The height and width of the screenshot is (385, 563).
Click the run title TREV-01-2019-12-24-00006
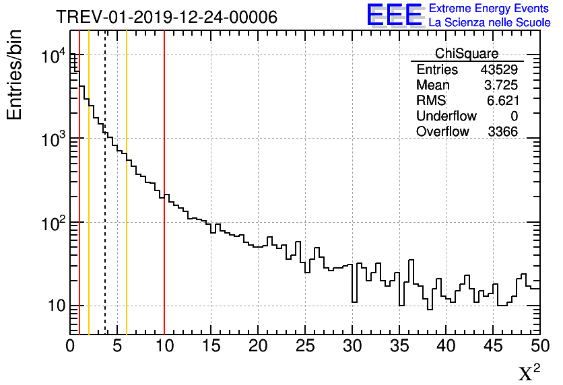pos(166,17)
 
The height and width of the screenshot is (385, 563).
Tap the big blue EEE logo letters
pos(395,15)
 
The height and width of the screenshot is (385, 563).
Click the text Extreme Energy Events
pos(489,9)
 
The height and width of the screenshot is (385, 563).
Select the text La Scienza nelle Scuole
pos(489,22)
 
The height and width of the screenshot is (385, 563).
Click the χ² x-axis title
pos(529,373)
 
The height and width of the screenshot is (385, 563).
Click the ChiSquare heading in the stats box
pos(467,54)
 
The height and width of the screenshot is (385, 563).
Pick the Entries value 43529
pos(499,70)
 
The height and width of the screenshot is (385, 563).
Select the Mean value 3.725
pos(501,85)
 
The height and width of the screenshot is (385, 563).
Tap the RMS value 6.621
pos(502,101)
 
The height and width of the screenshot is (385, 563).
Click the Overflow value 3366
pos(502,132)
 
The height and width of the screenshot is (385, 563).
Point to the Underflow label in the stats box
pos(446,116)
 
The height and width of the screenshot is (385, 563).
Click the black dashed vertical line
pos(105,202)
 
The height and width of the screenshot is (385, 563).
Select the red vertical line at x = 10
pos(164,202)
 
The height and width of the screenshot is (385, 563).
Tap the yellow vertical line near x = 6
pos(127,202)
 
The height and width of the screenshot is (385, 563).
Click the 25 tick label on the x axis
pos(305,346)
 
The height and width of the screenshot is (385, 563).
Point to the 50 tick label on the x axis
pos(539,346)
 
